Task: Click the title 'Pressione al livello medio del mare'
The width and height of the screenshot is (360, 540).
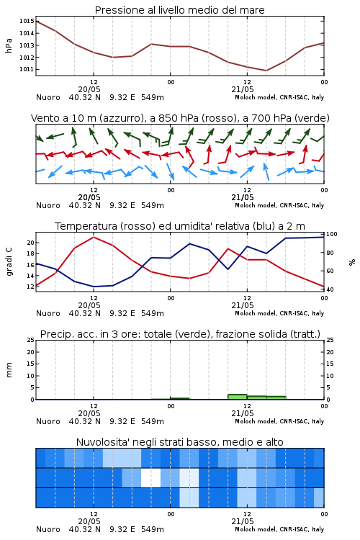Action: [180, 10]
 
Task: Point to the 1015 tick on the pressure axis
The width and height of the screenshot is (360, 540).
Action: [27, 21]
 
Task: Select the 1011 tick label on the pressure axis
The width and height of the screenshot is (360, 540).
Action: [27, 69]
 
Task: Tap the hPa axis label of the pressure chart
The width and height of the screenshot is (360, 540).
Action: [9, 45]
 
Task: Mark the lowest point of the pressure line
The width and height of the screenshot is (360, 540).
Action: [266, 71]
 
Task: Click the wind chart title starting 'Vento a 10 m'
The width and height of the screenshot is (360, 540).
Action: [180, 118]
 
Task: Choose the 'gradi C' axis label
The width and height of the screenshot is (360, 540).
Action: [9, 262]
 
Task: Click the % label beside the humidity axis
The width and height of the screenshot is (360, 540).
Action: [352, 262]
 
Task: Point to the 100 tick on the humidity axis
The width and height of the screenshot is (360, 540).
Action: [332, 234]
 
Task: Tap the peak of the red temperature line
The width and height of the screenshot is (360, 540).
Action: [94, 237]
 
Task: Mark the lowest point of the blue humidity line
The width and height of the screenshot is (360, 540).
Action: [94, 287]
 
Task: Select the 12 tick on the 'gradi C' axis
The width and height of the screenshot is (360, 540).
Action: [30, 287]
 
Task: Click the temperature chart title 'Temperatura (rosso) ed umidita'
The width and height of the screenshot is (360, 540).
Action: [180, 226]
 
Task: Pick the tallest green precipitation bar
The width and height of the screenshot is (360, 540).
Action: [238, 397]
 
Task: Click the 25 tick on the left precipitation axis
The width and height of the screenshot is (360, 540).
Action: [30, 340]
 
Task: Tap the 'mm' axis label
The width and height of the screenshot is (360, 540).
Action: [9, 370]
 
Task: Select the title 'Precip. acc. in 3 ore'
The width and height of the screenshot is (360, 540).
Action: [180, 334]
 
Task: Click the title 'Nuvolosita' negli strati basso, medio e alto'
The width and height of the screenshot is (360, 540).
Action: [180, 442]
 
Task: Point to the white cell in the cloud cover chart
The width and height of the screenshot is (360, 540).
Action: [151, 477]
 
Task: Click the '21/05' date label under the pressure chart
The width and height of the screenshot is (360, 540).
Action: [243, 89]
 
